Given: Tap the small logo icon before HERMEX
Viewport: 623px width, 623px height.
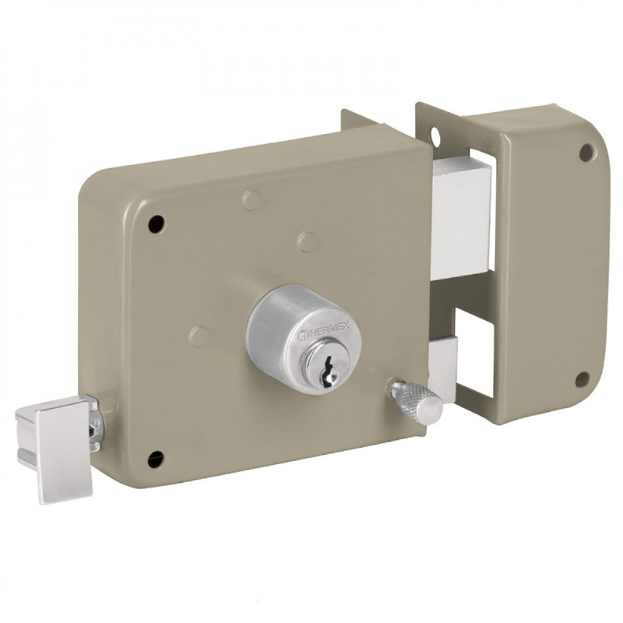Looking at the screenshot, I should pyautogui.click(x=302, y=336).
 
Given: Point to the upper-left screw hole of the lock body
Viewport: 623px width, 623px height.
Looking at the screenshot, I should pyautogui.click(x=156, y=222).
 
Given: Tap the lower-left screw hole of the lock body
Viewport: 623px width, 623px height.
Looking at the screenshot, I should pyautogui.click(x=155, y=459).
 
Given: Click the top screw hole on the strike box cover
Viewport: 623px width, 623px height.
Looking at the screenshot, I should pyautogui.click(x=586, y=151).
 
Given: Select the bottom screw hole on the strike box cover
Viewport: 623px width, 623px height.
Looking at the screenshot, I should pyautogui.click(x=582, y=379).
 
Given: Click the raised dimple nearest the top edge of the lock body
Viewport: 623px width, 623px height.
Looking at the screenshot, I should pyautogui.click(x=251, y=200).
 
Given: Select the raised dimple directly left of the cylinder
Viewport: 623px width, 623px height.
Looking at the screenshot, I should pyautogui.click(x=199, y=336).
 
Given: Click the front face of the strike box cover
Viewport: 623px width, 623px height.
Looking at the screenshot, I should pyautogui.click(x=548, y=268).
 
